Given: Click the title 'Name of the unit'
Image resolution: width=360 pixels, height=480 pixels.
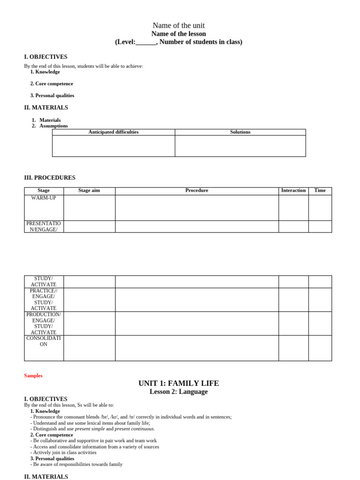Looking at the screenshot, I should (179, 25).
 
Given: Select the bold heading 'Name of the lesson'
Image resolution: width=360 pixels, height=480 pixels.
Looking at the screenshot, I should (179, 34).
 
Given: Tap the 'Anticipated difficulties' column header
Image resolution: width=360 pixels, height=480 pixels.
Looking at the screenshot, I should (113, 132).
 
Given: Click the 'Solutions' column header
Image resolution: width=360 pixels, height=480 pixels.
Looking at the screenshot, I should (240, 132).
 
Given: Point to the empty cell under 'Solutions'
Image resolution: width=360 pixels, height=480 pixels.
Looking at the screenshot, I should (240, 146).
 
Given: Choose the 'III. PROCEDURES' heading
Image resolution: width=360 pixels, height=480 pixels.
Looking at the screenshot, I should (50, 178).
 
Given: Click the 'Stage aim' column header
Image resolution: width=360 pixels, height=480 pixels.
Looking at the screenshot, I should (89, 190).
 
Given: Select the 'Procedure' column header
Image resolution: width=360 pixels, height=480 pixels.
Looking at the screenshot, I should (197, 190).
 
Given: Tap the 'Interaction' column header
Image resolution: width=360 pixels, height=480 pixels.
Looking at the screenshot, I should (293, 190).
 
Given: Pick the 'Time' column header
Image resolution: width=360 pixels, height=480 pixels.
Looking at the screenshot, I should (320, 190).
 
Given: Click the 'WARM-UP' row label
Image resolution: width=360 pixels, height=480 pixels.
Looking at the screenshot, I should (44, 198).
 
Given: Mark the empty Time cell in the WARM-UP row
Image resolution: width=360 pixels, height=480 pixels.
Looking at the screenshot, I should (320, 208).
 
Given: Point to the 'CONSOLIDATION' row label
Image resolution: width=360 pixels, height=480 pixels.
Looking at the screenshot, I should (44, 341).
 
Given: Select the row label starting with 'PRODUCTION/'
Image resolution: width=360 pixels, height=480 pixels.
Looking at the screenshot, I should (44, 323).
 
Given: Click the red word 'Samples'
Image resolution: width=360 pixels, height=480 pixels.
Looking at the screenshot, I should (33, 375).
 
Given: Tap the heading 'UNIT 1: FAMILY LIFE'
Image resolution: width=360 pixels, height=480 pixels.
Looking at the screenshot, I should (179, 383).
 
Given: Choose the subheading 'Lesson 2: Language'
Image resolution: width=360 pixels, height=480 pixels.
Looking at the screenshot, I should (179, 391).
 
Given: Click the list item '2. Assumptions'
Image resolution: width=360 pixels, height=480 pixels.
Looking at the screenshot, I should (50, 126).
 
